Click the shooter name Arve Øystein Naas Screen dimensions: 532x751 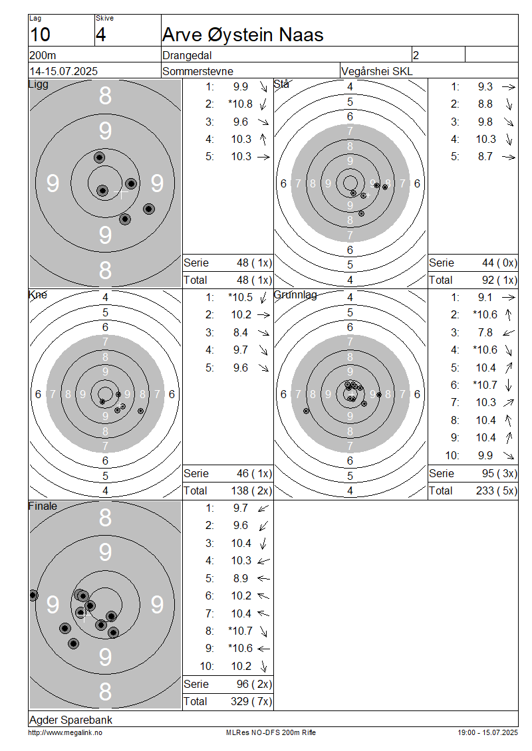coord(243,35)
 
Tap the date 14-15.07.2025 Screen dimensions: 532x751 coord(64,71)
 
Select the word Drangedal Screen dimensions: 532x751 coord(187,56)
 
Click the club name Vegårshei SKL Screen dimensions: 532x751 coord(376,71)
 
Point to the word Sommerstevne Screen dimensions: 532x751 coord(198,71)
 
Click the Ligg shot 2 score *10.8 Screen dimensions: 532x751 coord(240,104)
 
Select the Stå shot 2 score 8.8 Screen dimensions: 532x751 coord(485,104)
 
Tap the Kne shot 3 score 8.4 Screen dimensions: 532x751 coord(241,332)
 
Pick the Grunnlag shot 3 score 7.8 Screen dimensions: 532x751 coord(485,332)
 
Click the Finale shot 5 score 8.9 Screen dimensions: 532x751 coord(241,578)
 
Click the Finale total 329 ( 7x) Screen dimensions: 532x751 coord(251,701)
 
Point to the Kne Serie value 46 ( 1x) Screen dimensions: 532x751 coord(254,473)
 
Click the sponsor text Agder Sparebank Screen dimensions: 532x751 coord(71,720)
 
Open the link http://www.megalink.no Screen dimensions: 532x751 coord(65,732)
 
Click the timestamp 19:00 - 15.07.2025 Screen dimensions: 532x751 coord(488,732)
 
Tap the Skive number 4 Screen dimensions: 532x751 coord(100,35)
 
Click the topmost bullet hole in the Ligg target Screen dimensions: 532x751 coord(99,157)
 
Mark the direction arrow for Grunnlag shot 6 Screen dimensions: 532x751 coord(509,385)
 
